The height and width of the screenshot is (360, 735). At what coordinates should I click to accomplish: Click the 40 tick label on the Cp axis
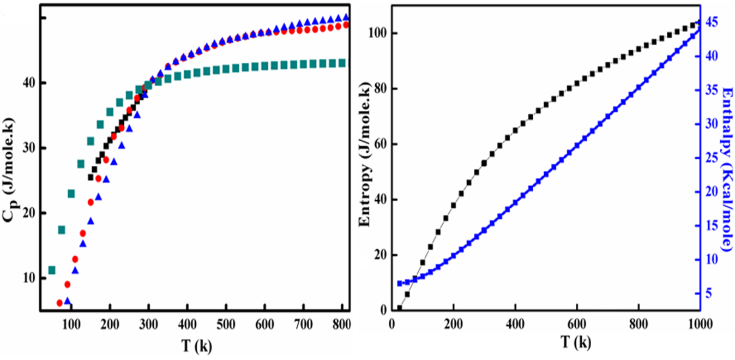[27, 83]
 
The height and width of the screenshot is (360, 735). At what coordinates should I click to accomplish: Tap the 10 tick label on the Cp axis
[27, 278]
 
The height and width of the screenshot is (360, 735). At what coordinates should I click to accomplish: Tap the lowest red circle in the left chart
[59, 303]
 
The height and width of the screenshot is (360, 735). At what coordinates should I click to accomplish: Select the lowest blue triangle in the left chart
[68, 301]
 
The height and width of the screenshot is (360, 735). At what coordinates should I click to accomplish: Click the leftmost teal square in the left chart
[52, 270]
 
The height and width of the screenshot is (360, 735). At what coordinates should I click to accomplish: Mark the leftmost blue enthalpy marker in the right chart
[400, 284]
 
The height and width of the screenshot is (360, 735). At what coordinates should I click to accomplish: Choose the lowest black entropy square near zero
[400, 308]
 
